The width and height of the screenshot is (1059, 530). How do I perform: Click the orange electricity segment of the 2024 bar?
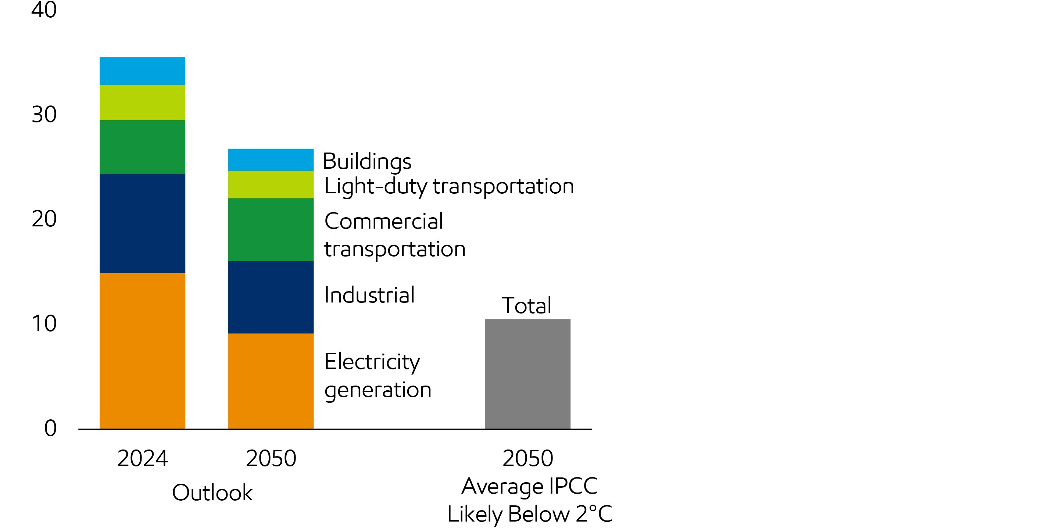tap(142, 351)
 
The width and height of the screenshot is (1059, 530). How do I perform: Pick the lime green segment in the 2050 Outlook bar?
tap(271, 184)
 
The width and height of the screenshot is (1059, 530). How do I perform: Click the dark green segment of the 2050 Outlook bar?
tap(271, 229)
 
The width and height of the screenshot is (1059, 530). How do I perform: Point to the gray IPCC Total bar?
tap(527, 374)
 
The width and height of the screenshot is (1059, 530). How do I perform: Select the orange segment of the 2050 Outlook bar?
tap(271, 381)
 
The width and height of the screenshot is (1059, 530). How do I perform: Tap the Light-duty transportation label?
tap(448, 186)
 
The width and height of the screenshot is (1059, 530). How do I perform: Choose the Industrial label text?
tap(369, 295)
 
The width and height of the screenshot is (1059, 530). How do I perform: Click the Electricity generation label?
tap(378, 375)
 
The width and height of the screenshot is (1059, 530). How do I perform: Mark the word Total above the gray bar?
tap(526, 305)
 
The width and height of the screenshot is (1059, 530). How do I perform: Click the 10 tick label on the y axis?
tap(44, 323)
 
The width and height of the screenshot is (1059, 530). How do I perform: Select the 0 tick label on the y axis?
tap(50, 428)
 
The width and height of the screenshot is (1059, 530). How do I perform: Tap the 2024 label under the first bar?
tap(142, 458)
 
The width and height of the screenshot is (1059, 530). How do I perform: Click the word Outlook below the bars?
tap(212, 492)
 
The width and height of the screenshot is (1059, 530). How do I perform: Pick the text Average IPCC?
tap(529, 486)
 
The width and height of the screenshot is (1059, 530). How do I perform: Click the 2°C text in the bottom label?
tap(594, 513)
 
